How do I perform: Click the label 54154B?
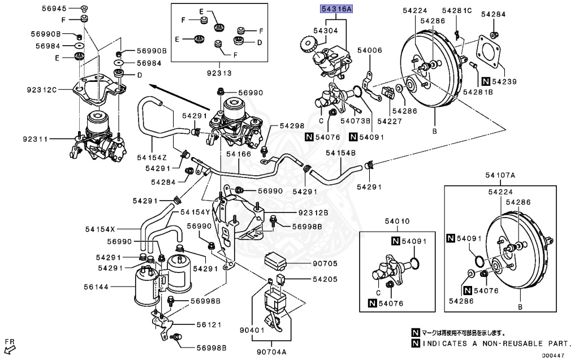pyautogui.click(x=340, y=153)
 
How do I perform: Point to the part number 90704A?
pyautogui.click(x=273, y=350)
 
